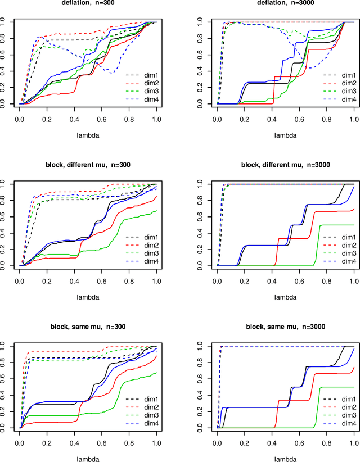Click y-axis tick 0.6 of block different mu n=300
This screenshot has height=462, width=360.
[6, 216]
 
